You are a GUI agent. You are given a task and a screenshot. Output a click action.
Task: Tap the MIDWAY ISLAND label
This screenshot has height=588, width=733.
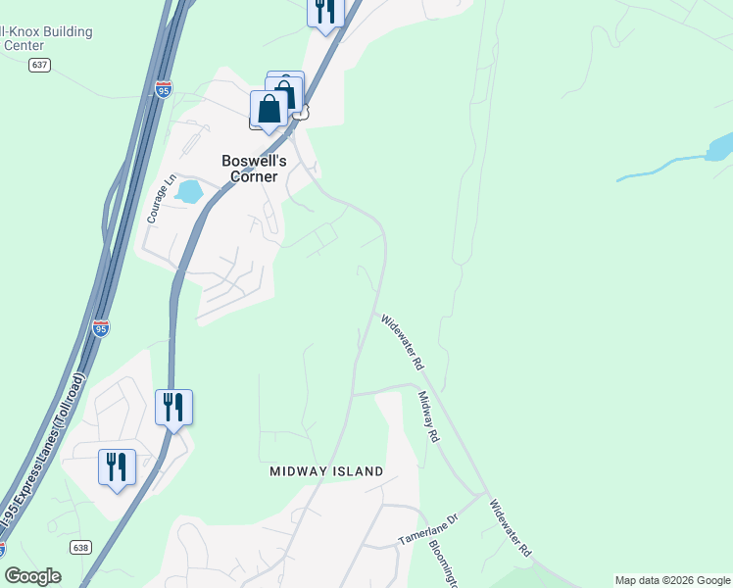pos(326,471)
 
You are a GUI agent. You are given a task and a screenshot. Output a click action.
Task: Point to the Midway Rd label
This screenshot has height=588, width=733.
pos(428,416)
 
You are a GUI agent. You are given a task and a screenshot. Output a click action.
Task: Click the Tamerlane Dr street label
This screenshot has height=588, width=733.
pos(428,530)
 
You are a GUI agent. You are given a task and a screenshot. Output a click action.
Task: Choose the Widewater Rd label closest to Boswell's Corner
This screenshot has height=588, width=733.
pos(403,341)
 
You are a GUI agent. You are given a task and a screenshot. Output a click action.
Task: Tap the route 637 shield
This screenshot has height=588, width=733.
pos(39,65)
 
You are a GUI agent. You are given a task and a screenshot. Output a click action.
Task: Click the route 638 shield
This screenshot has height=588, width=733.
pos(80,548)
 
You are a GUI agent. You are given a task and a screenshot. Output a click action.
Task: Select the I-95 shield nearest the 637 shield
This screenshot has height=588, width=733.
pos(164,90)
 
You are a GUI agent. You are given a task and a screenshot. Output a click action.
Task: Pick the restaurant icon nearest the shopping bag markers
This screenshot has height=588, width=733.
pos(324,12)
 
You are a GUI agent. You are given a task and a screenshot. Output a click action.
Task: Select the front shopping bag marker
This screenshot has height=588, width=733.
pos(269,110)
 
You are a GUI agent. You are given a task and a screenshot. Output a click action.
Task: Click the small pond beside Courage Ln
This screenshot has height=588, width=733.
pos(188,190)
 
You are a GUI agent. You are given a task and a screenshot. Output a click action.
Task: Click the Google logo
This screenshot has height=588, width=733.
pos(32,576)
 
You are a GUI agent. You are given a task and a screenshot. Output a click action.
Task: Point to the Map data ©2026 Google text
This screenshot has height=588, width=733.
pos(672,580)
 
